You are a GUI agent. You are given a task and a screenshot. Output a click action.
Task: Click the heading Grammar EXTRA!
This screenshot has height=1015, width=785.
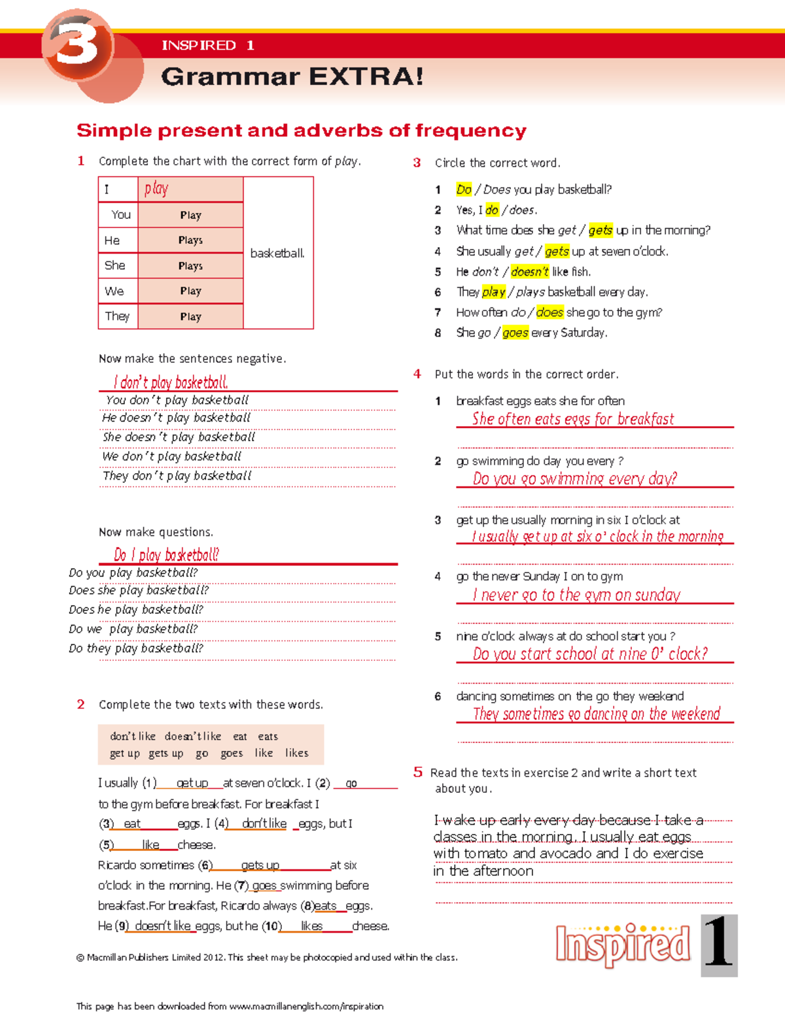292,76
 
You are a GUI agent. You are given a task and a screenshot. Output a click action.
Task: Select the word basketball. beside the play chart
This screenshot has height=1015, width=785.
277,253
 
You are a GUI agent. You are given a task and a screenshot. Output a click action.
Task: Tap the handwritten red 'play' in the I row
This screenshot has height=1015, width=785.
156,189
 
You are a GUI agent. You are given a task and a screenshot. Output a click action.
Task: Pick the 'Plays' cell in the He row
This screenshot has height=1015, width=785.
190,240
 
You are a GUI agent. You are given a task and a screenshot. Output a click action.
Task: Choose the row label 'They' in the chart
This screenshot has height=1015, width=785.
117,316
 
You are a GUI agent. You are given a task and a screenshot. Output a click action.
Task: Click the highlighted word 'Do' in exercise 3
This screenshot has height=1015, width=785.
464,190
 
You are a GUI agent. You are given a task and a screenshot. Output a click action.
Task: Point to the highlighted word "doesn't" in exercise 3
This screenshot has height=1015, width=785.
529,271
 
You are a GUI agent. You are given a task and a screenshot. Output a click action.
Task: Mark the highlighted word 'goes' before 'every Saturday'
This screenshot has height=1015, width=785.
515,333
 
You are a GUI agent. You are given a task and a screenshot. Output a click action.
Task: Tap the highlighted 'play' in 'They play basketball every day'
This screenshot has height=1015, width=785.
493,291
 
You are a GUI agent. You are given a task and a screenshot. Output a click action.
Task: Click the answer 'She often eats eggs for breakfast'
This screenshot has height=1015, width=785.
573,419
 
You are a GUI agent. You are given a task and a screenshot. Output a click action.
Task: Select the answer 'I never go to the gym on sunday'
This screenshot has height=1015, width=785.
576,595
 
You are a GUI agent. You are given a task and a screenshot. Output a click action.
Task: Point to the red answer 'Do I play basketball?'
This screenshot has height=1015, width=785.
166,555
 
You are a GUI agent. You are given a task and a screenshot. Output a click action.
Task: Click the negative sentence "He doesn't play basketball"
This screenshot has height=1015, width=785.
176,418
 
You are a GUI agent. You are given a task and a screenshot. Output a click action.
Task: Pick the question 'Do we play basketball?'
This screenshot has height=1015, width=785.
133,629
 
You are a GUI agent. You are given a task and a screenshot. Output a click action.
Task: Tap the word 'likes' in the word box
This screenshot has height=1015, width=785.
296,753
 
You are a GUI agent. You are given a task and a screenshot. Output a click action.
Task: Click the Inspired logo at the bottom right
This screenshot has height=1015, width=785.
623,945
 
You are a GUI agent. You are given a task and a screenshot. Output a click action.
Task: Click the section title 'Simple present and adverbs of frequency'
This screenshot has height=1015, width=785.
302,131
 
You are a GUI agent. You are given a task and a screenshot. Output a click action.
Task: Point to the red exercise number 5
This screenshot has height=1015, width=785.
418,772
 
